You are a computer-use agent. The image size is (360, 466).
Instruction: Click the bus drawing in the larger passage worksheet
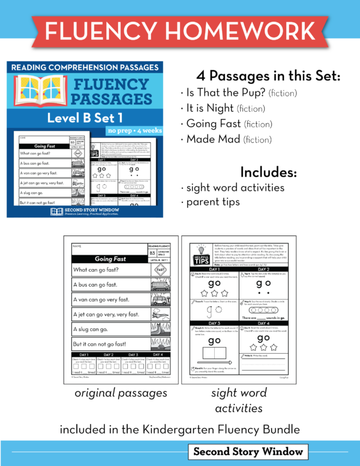pyautogui.click(x=160, y=285)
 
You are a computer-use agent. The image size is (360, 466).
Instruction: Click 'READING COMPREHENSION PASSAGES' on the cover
pyautogui.click(x=84, y=68)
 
